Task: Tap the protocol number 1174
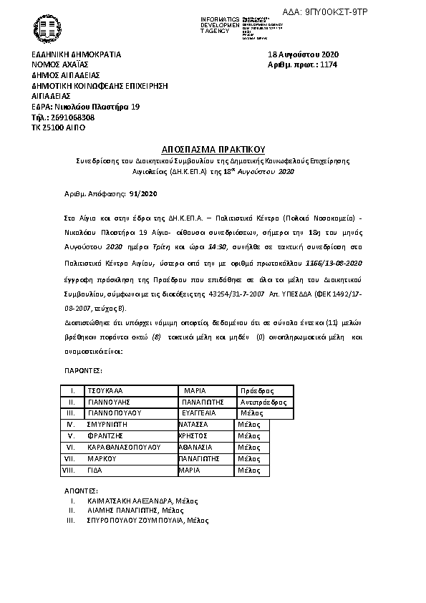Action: point(329,64)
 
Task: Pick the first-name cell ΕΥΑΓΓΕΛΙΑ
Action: point(205,413)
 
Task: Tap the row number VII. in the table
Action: point(70,458)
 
